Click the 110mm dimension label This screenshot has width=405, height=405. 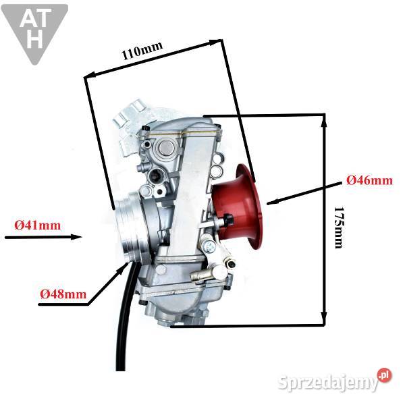pyautogui.click(x=142, y=52)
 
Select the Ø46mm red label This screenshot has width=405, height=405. pyautogui.click(x=369, y=180)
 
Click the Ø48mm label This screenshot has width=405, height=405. pyautogui.click(x=63, y=294)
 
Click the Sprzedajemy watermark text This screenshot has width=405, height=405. pyautogui.click(x=331, y=383)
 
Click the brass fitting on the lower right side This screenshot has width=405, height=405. pyautogui.click(x=206, y=274)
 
